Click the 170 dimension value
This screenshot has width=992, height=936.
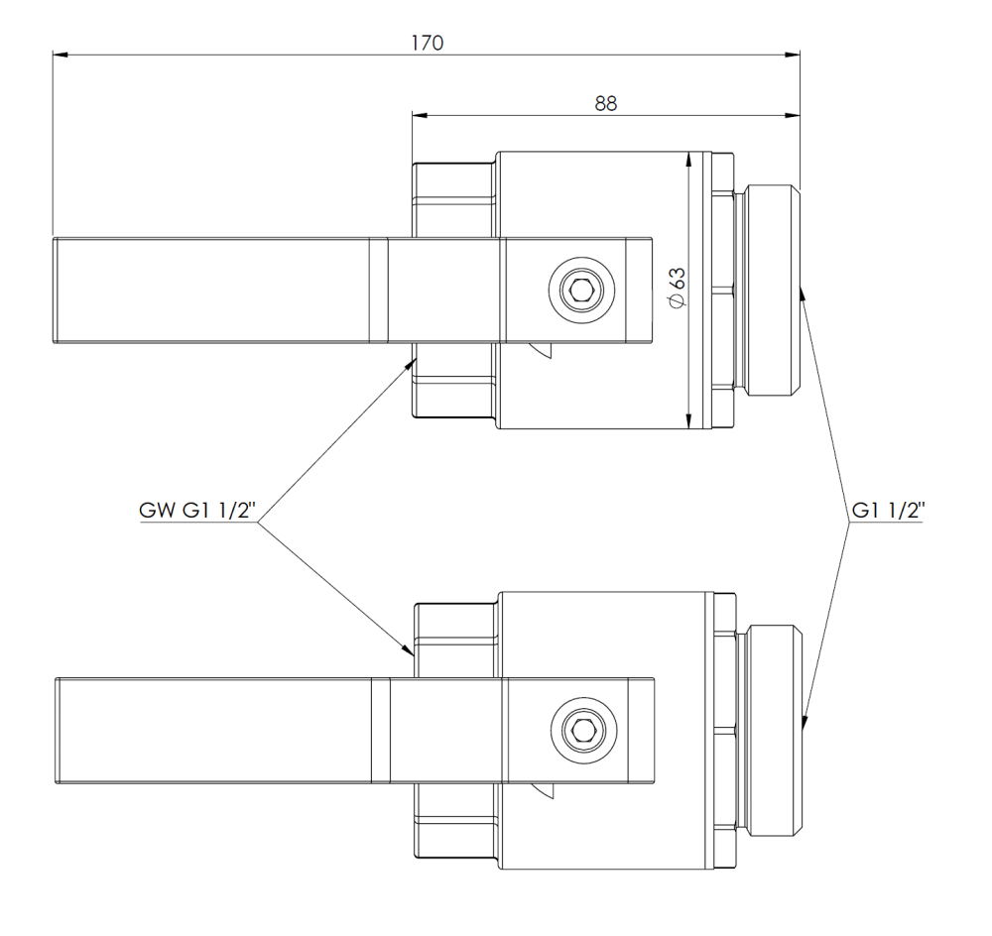tap(429, 43)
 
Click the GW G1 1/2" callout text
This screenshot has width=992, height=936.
tap(198, 512)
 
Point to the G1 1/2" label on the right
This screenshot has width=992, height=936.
tap(888, 512)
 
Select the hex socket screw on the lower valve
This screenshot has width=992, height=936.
tap(578, 732)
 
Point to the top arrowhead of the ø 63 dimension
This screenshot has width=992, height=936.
tap(688, 159)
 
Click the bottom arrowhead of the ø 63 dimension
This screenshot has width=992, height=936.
tap(688, 423)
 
